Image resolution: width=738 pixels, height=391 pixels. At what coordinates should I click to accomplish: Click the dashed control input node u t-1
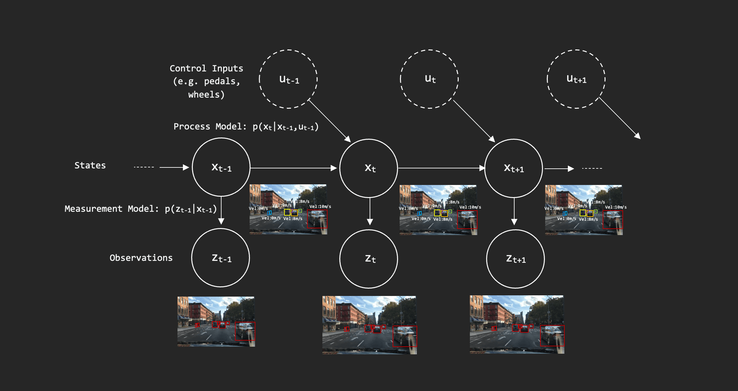pos(288,79)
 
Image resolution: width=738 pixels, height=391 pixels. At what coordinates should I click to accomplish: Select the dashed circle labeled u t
pos(429,79)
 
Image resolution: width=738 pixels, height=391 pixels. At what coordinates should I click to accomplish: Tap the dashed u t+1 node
pos(576,79)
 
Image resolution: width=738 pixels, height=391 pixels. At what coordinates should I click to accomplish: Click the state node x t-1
pos(221,167)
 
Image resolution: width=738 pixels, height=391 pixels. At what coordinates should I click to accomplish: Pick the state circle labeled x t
pos(369,168)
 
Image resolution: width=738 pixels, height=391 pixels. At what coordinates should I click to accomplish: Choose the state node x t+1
pos(514,168)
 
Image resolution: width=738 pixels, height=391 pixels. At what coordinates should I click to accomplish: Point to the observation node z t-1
pos(221,258)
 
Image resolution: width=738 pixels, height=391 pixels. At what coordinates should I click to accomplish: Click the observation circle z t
pos(369,259)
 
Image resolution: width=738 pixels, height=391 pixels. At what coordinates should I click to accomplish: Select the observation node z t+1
pos(516,259)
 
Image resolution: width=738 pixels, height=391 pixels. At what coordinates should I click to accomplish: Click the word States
pos(90,165)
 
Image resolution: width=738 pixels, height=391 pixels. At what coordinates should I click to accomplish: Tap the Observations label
pos(141,258)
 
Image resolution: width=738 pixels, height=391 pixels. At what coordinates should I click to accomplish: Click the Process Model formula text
pos(246,127)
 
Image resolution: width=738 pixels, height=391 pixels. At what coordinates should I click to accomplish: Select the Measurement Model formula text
pos(140,209)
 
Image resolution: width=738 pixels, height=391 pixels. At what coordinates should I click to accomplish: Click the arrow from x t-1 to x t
pos(294,168)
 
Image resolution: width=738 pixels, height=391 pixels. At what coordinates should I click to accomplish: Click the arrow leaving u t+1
pos(619,118)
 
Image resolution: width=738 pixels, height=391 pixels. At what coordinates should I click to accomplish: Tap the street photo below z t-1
pos(216,321)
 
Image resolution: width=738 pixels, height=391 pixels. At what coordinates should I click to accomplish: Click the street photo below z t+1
pos(517,324)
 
